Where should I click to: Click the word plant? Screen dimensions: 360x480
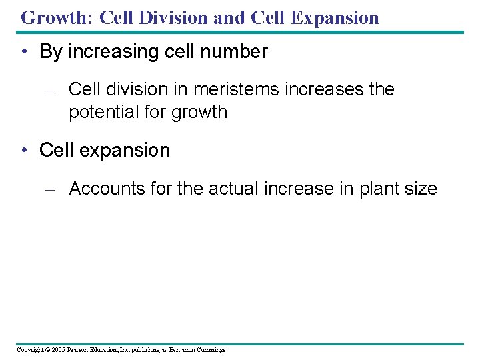point(381,189)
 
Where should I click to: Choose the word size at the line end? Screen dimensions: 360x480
point(421,189)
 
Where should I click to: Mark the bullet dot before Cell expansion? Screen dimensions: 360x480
point(24,151)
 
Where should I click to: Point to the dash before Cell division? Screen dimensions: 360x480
point(49,90)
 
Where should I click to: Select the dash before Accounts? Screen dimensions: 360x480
point(49,189)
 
